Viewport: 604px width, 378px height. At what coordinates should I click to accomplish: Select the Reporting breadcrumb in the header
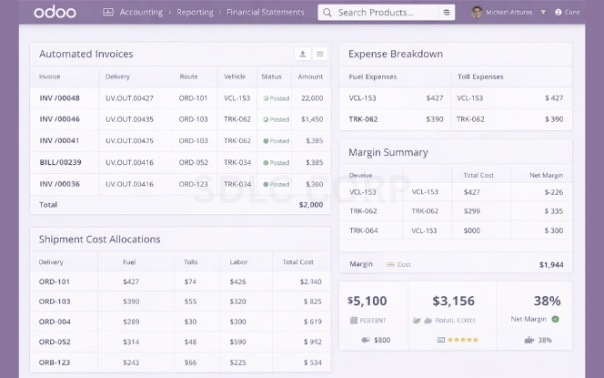click(x=194, y=13)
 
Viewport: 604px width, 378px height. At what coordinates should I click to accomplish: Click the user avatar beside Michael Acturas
click(x=476, y=13)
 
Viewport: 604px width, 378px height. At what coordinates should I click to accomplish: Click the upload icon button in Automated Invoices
click(x=302, y=54)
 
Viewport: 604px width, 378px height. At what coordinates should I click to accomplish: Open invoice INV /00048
click(x=59, y=97)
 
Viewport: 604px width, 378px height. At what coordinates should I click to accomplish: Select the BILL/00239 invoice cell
click(x=60, y=162)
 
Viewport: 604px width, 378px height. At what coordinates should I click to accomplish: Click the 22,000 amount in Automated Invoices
click(x=312, y=97)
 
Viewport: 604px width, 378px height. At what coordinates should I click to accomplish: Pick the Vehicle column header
click(x=235, y=77)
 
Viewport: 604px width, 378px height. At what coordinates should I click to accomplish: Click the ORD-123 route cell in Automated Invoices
click(x=194, y=184)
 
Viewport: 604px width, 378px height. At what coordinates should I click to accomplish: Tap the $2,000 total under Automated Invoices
click(x=310, y=205)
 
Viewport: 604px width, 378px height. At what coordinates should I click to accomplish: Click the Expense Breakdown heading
click(x=396, y=54)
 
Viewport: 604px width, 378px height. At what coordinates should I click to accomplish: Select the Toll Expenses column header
click(x=480, y=77)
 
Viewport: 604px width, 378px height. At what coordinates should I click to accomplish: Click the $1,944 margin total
click(x=550, y=264)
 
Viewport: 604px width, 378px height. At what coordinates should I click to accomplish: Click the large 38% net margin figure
click(x=546, y=301)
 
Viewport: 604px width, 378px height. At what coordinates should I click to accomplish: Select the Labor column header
click(x=238, y=261)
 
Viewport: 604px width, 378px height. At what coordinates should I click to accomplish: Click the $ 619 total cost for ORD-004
click(x=312, y=322)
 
